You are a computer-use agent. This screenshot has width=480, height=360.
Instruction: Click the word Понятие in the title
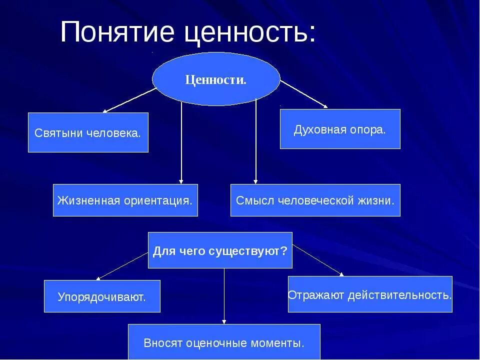(119, 33)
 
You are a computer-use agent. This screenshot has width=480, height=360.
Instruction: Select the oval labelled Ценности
(216, 79)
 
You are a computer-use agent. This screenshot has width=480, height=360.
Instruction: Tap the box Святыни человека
(88, 132)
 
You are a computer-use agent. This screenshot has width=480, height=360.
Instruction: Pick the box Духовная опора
(340, 129)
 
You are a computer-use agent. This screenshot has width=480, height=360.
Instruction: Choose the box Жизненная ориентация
(125, 200)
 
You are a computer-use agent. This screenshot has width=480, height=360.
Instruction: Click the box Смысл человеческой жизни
(315, 200)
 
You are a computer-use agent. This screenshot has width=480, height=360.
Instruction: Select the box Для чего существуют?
(220, 250)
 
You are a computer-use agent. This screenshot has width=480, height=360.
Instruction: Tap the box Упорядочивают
(102, 296)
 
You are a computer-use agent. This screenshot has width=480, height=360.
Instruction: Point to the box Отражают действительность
(370, 294)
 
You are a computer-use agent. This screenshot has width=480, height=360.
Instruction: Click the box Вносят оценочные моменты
(224, 342)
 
